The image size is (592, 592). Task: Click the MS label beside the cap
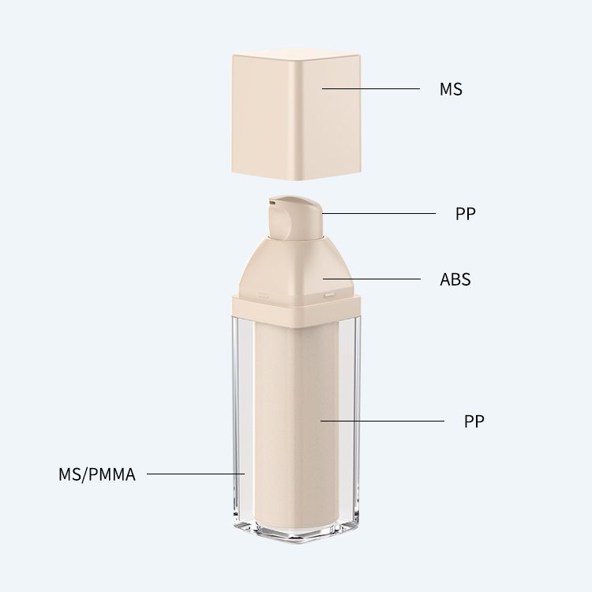[451, 89]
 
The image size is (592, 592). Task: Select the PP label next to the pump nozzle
[466, 214]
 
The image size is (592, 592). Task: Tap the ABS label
[455, 279]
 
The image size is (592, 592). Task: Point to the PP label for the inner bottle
[474, 421]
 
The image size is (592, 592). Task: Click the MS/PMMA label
[97, 474]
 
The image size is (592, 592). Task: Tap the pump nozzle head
[294, 217]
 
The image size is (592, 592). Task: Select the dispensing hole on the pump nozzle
[272, 203]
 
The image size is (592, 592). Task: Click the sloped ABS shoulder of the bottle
[296, 266]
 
